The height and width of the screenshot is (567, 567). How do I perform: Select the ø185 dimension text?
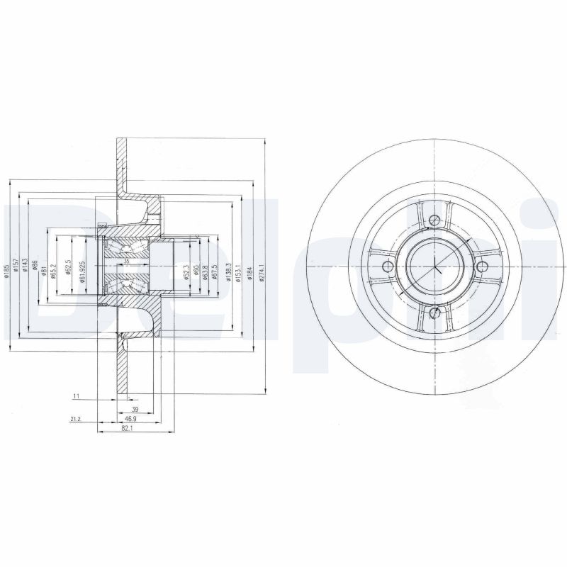(6, 270)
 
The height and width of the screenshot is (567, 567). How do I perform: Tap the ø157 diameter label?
(16, 270)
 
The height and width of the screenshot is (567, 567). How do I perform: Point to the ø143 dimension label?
(25, 270)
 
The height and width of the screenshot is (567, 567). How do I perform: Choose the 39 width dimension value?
(135, 410)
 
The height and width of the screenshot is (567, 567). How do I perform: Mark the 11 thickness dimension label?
(75, 396)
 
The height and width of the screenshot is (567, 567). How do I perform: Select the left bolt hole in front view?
(386, 266)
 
